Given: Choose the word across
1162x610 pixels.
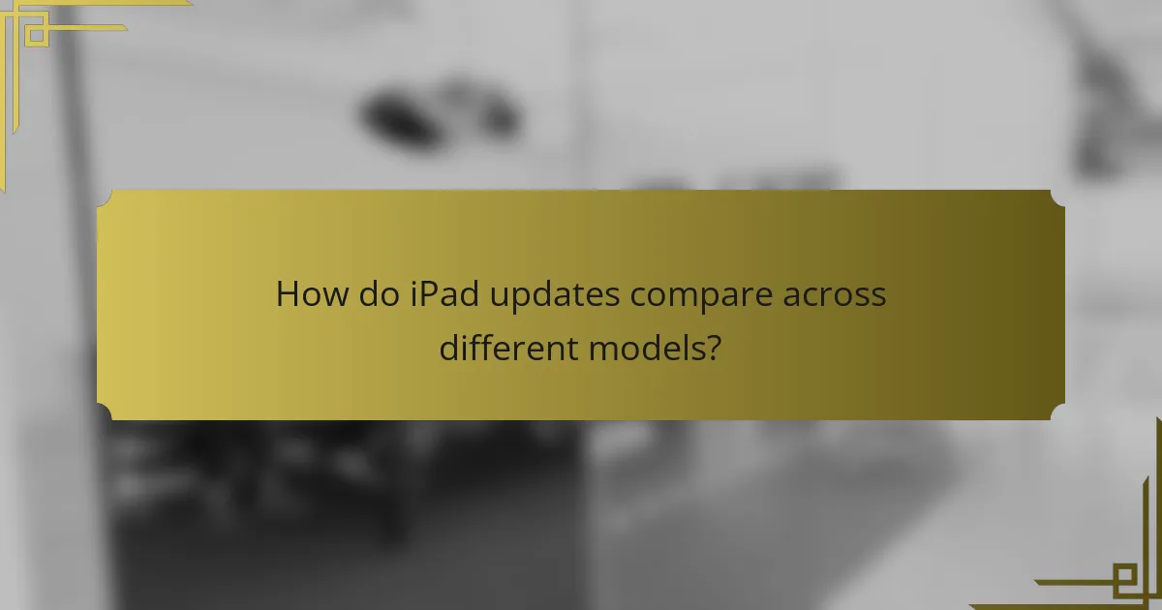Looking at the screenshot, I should tap(835, 293).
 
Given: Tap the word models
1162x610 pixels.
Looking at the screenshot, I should tap(646, 346).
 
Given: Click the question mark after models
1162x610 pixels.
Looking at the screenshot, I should tap(714, 346).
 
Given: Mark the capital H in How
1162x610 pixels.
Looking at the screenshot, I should tap(289, 293).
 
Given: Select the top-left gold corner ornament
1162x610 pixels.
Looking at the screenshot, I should tap(39, 39).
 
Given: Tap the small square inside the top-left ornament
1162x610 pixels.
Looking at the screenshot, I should tap(36, 36).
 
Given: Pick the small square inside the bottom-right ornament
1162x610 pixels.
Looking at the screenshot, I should tap(1124, 580).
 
